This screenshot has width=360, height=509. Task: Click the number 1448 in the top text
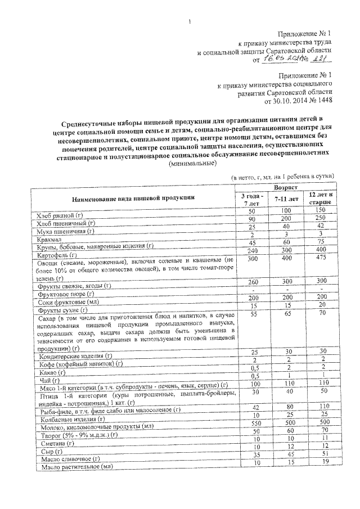(323, 101)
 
